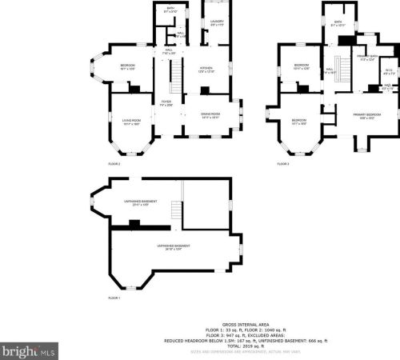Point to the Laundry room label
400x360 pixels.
tap(217, 22)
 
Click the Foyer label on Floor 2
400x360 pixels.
tap(166, 103)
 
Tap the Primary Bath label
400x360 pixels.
tap(368, 58)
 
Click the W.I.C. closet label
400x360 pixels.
tap(388, 72)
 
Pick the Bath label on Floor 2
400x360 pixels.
tap(170, 10)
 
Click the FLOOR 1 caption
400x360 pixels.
tap(114, 298)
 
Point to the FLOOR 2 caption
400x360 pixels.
tap(114, 164)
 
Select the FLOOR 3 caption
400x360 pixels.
tap(283, 164)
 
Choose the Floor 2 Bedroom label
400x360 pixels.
tap(128, 66)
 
